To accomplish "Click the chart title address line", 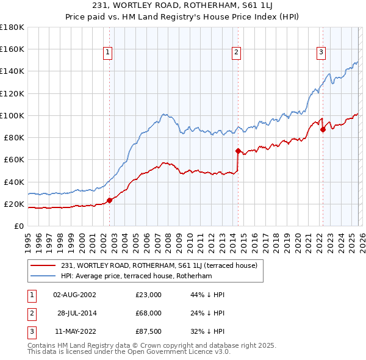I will (x=182, y=6).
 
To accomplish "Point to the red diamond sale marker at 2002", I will (x=110, y=200).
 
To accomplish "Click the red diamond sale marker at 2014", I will (x=238, y=150).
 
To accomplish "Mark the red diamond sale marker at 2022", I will (x=323, y=129).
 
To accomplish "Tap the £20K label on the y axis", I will (x=14, y=204).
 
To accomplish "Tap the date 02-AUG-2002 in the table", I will (x=74, y=295).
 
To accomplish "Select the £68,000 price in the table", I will (x=148, y=313).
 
